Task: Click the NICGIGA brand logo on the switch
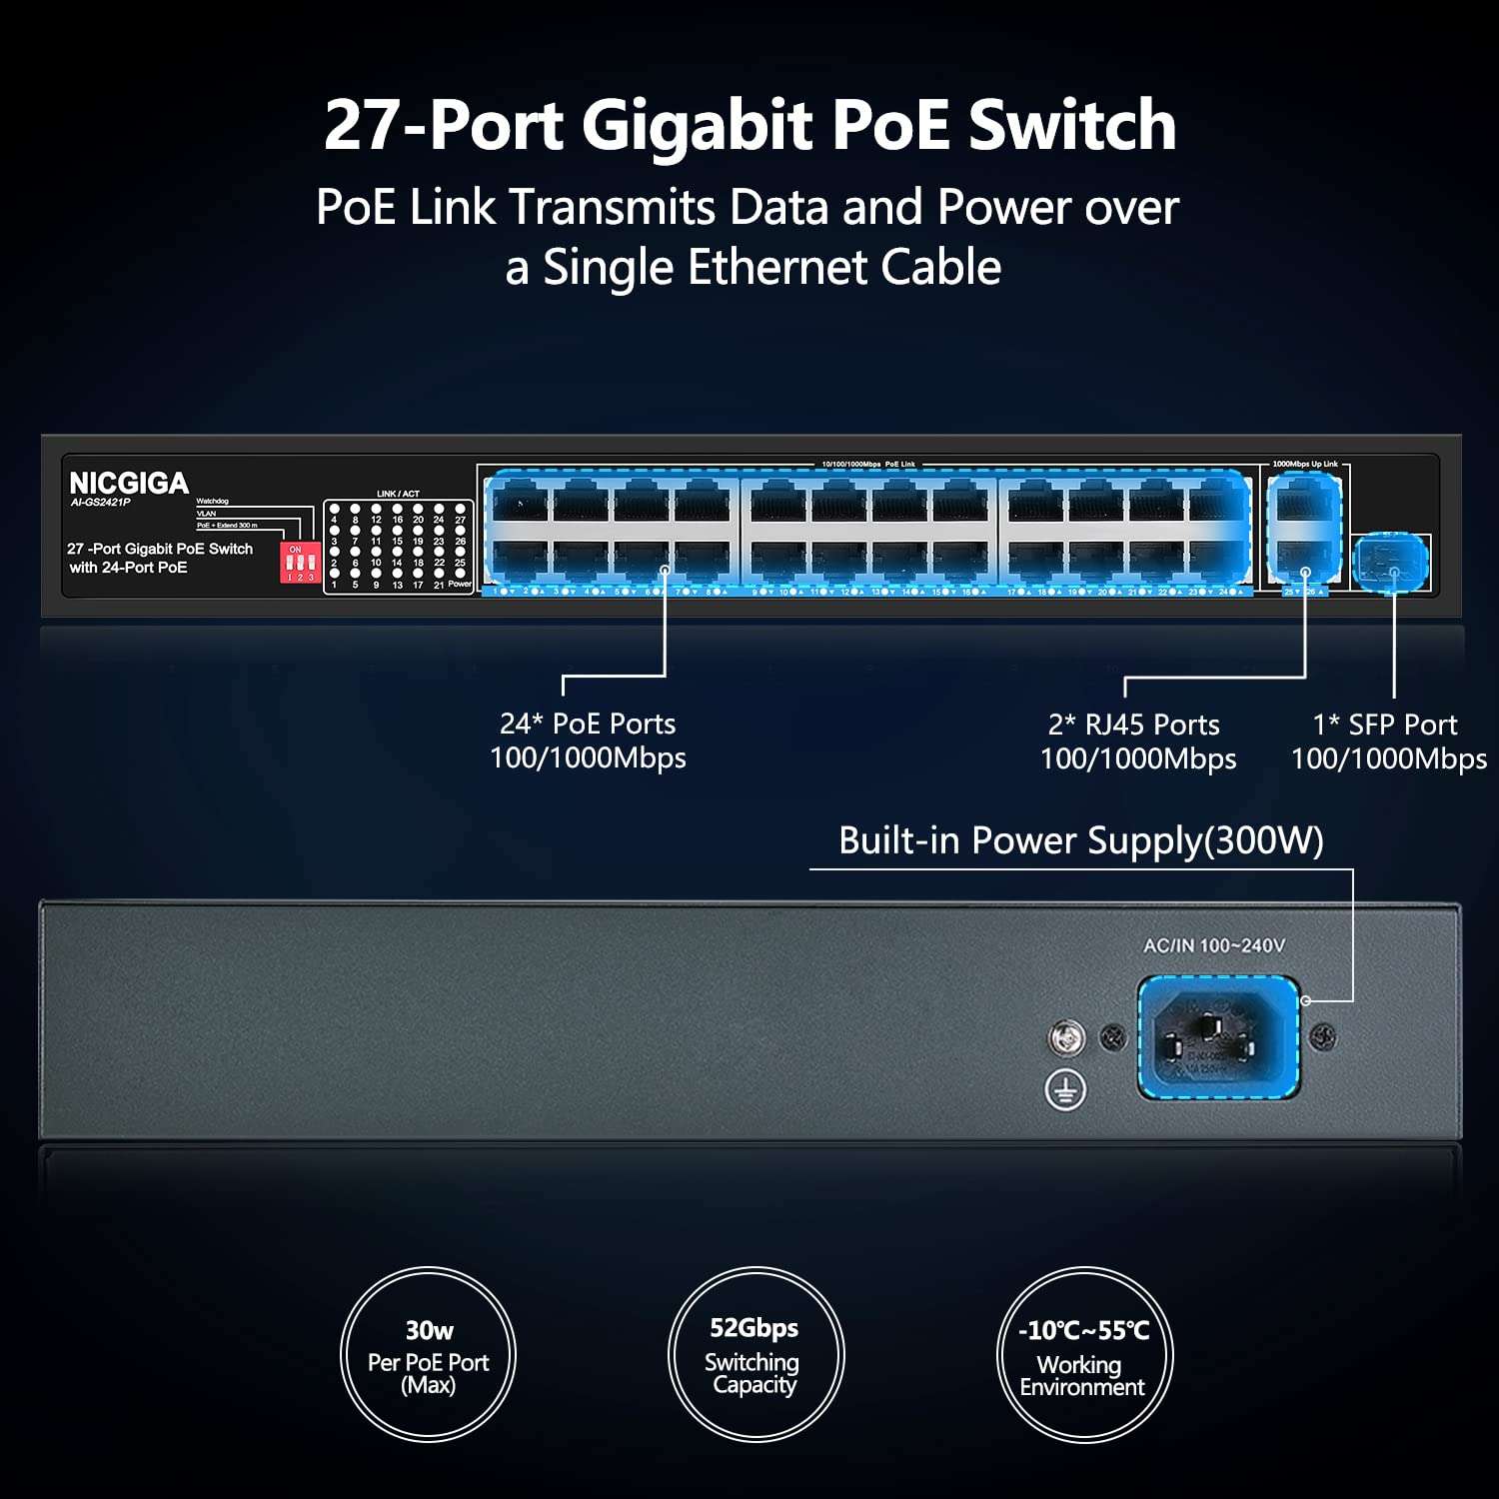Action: [x=129, y=483]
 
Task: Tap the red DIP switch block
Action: [x=299, y=563]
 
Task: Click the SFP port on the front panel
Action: [x=1391, y=563]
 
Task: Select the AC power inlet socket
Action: [x=1218, y=1037]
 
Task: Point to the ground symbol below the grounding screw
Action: [x=1065, y=1089]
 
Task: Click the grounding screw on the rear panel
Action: [x=1066, y=1038]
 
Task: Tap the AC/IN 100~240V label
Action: [x=1213, y=945]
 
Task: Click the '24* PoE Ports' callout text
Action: [x=588, y=724]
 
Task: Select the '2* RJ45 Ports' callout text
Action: [x=1134, y=725]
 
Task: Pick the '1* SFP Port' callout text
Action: [x=1385, y=725]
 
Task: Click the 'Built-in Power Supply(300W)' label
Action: [x=1080, y=840]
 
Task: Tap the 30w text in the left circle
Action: [x=429, y=1330]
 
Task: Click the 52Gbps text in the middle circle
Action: [x=753, y=1327]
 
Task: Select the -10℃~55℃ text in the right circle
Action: [x=1083, y=1330]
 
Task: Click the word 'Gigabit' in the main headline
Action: [x=696, y=125]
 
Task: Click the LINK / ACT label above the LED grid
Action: [x=398, y=494]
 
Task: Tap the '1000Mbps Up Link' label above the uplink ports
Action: [x=1304, y=464]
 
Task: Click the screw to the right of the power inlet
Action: [x=1323, y=1037]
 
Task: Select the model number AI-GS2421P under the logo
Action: [x=100, y=503]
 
